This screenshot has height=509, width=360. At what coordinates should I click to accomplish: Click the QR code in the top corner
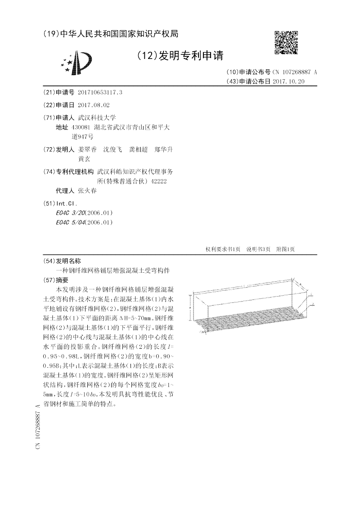(x=286, y=43)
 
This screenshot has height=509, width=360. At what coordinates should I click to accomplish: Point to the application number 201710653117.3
(x=100, y=92)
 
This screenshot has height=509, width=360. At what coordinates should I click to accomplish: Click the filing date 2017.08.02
(x=94, y=105)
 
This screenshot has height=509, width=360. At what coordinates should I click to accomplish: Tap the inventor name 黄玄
(x=84, y=159)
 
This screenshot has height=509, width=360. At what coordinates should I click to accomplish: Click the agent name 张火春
(x=87, y=191)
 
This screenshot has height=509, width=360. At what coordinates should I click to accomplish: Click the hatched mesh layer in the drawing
(x=252, y=324)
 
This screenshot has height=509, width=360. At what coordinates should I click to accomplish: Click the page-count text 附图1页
(x=285, y=249)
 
